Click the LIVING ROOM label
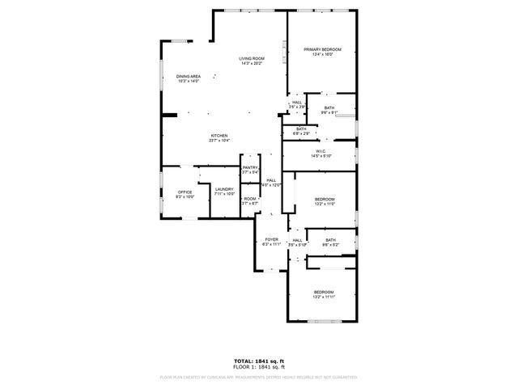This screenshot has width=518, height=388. (251, 58)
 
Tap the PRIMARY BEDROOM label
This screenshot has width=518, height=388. (322, 50)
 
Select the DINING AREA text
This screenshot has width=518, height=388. (188, 77)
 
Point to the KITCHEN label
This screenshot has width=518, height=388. (219, 136)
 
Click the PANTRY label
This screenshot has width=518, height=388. (249, 167)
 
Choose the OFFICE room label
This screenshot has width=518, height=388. (185, 192)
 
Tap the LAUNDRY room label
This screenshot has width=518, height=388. (224, 189)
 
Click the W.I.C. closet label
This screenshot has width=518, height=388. (321, 150)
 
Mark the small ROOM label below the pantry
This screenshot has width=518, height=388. (250, 199)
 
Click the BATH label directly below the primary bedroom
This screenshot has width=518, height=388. (329, 108)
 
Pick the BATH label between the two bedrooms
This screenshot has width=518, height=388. (330, 239)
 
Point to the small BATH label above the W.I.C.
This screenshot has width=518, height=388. (301, 129)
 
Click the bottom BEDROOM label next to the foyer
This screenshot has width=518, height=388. (324, 292)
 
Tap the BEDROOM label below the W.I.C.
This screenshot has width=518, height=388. (324, 199)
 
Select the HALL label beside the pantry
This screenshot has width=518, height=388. (271, 180)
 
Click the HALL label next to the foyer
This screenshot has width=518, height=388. (297, 240)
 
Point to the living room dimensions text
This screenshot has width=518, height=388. (251, 63)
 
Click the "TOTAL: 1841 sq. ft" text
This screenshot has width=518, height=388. (258, 361)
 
